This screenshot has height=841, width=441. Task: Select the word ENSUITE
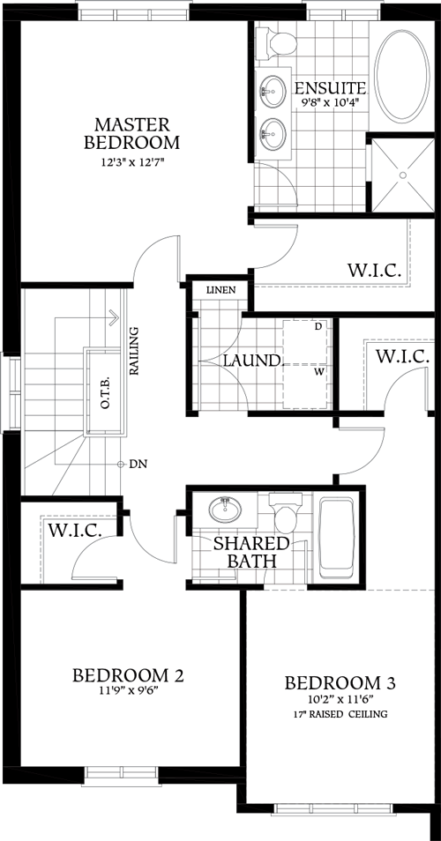(x=330, y=88)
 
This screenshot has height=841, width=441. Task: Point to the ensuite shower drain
(x=404, y=175)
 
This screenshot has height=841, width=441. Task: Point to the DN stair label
(x=138, y=464)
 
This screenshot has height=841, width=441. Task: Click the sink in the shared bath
(x=225, y=510)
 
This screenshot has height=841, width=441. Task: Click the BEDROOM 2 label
(x=128, y=675)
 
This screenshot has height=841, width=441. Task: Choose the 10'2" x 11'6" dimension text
(x=340, y=700)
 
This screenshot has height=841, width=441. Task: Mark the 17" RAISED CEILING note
(x=340, y=714)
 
